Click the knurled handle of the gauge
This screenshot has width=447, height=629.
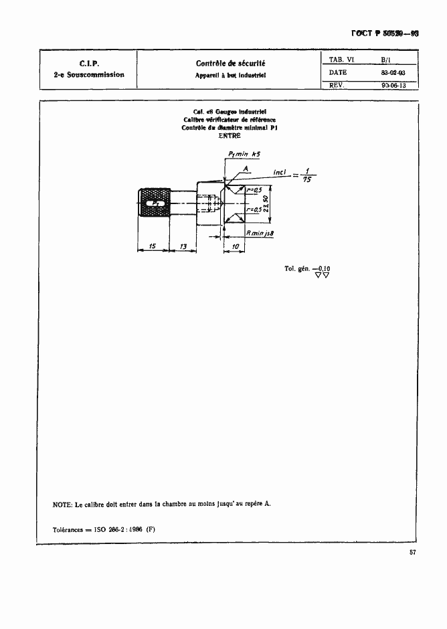154,203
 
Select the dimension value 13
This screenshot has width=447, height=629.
182,246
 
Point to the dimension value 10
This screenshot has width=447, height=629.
234,246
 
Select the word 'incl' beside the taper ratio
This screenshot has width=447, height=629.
280,173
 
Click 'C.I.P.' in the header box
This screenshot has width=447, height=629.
89,64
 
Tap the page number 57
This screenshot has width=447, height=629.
413,553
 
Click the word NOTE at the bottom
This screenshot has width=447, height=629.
62,504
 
